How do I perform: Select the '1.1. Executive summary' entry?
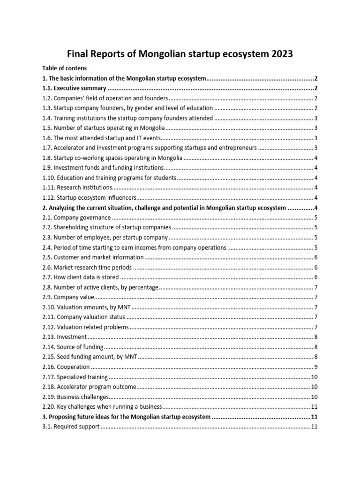point(75,88)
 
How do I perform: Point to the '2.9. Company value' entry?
point(68,297)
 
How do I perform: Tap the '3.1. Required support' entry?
point(71,427)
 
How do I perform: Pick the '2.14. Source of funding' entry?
point(73,347)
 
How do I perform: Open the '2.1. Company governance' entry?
point(77,217)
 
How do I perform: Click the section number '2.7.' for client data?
point(47,277)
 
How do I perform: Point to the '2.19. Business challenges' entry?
point(75,397)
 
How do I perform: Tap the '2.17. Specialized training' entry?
point(75,377)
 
